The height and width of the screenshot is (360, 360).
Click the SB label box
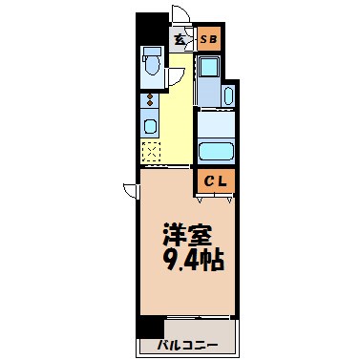coord(209,39)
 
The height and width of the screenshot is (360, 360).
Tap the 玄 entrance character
coord(180,40)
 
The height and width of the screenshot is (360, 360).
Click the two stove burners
coord(148,101)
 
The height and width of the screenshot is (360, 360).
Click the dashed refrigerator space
coord(150,152)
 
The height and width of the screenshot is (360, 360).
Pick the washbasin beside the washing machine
coord(230,95)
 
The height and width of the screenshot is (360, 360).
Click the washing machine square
coord(209,68)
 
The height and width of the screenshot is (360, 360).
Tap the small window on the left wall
coord(130,190)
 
